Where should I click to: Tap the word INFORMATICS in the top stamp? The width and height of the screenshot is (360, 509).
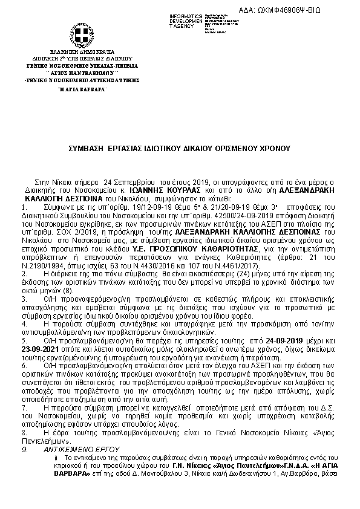tap(187, 15)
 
